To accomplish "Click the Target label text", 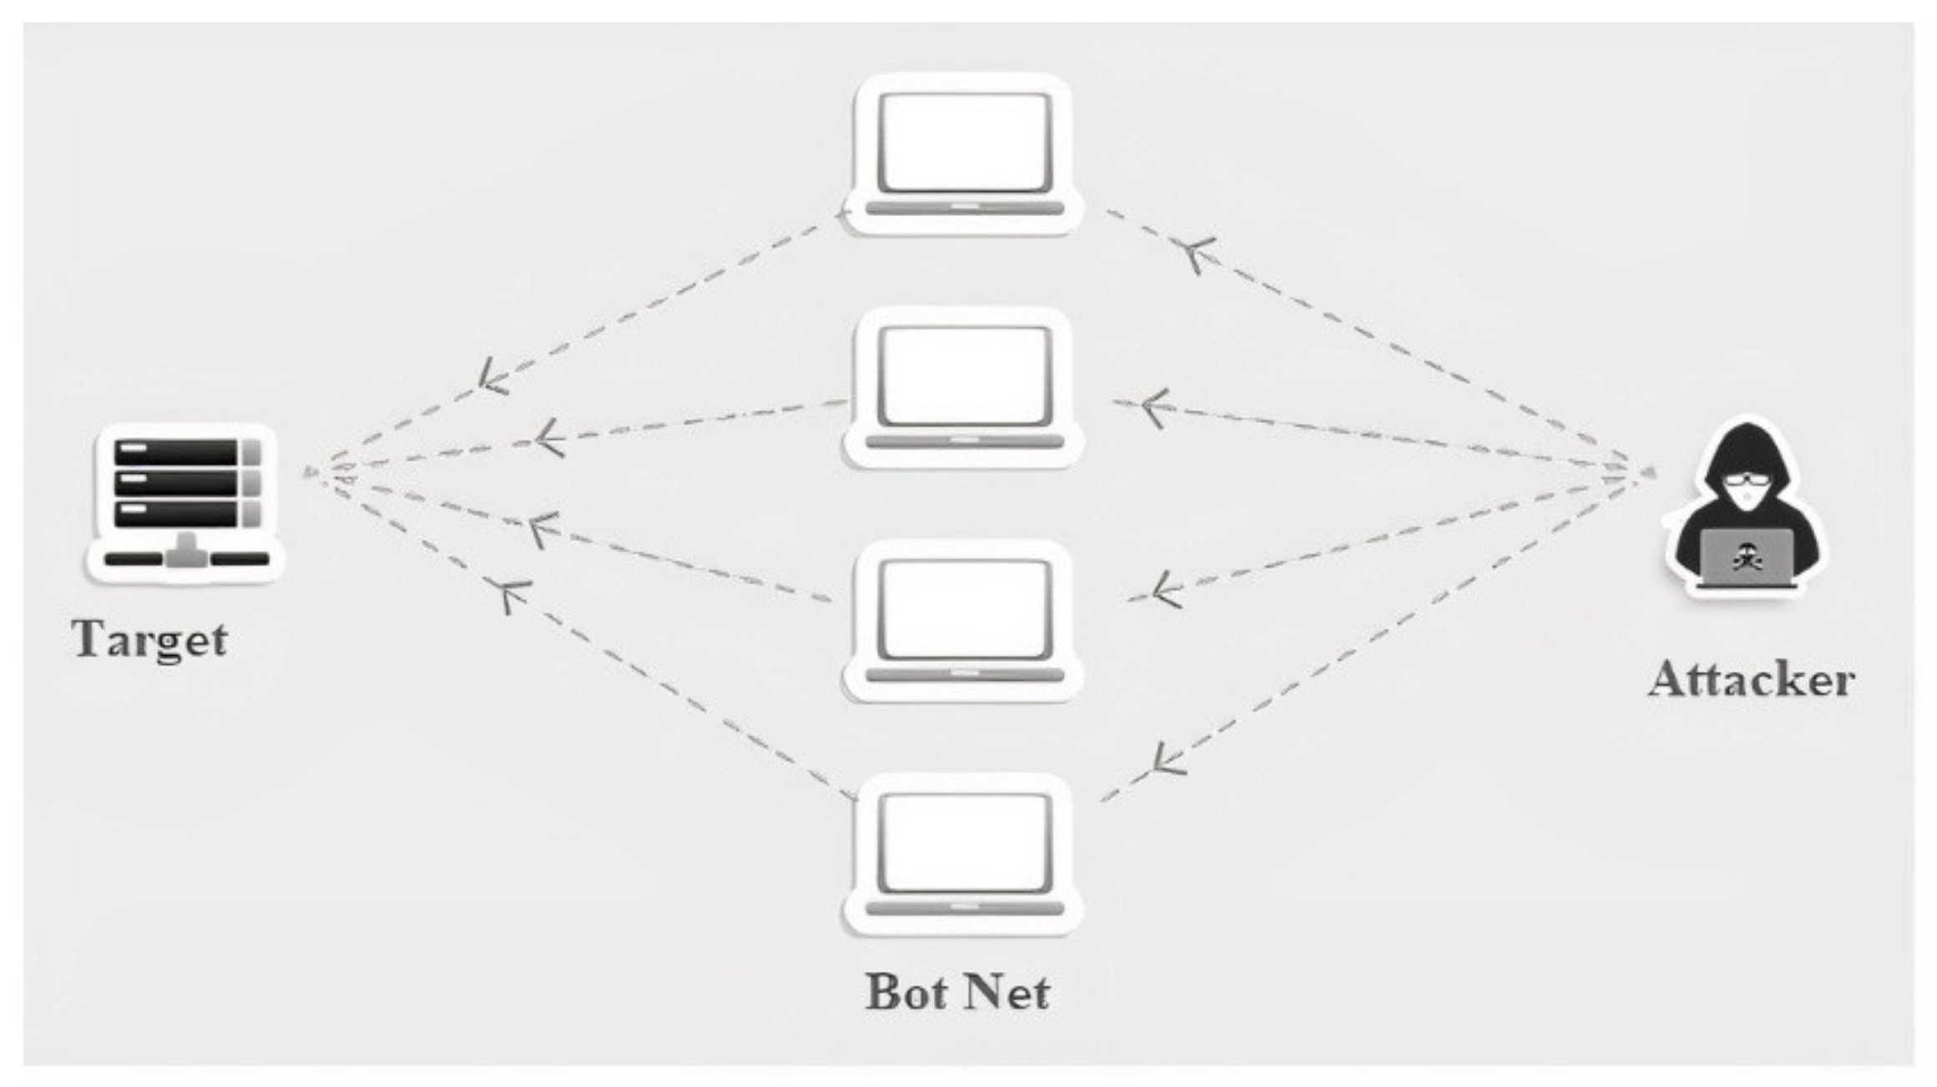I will tap(150, 641).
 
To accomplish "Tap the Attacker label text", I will tap(1750, 680).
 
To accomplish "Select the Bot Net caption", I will tap(957, 993).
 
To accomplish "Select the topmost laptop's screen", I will tap(965, 142).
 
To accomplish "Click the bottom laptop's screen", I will tap(965, 843).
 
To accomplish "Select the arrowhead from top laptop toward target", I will tap(492, 377).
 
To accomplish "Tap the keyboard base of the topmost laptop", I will tap(964, 208).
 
